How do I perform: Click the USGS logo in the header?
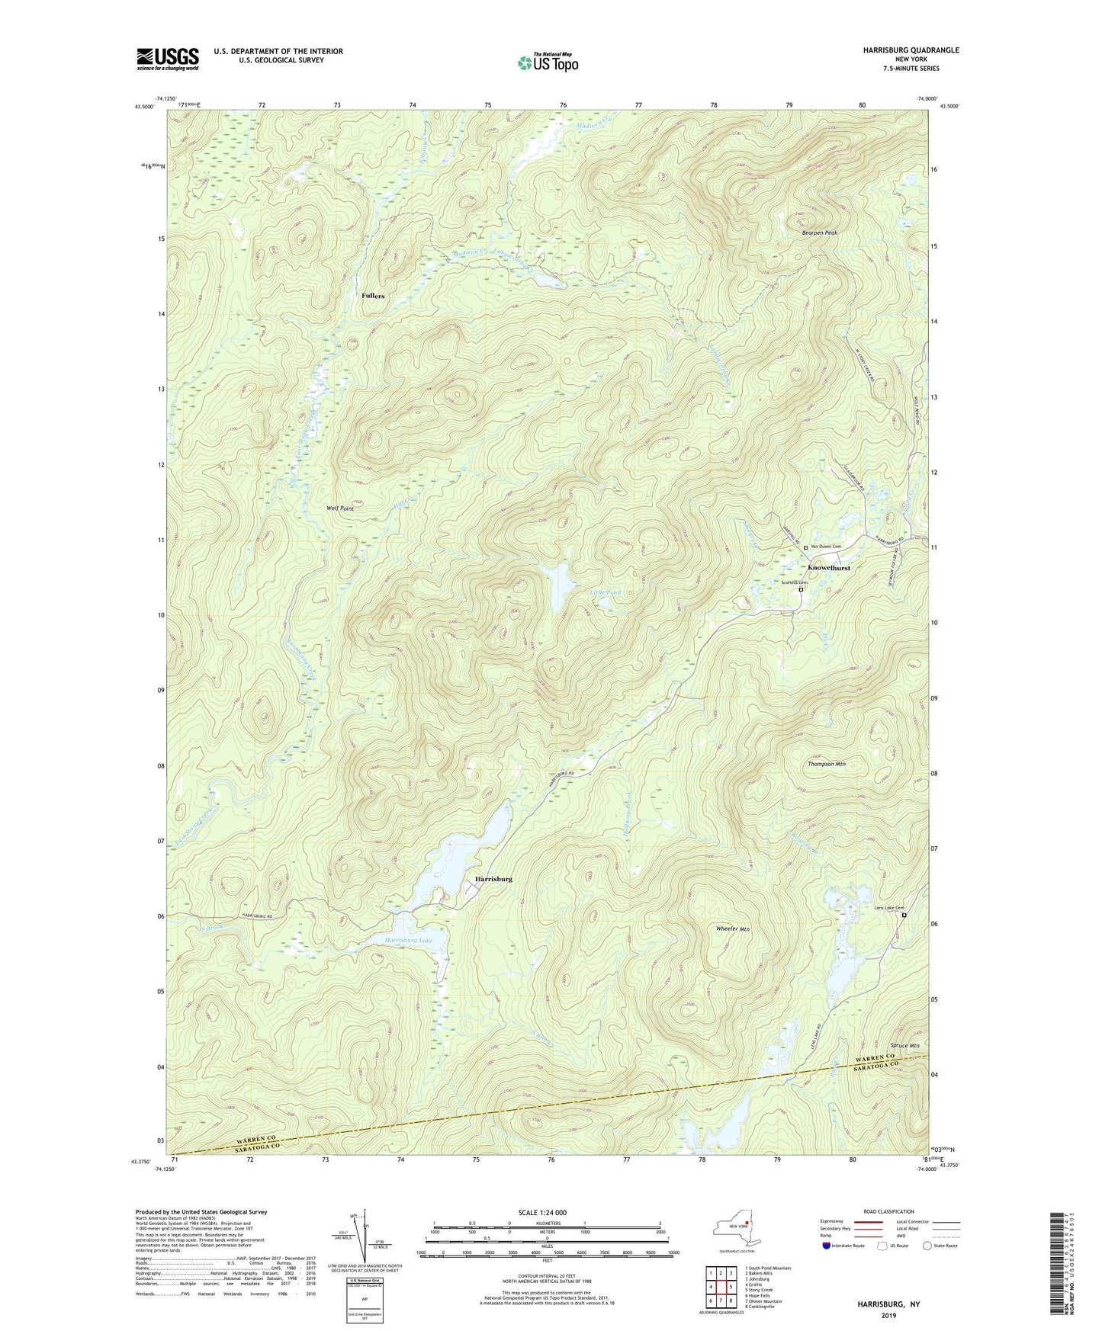(x=167, y=59)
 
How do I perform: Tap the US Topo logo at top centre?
(x=548, y=63)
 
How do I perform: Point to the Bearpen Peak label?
(x=819, y=233)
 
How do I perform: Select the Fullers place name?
(x=373, y=296)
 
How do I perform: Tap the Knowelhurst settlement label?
(x=828, y=568)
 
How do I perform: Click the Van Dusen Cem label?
(x=826, y=547)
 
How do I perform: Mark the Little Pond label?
(x=606, y=592)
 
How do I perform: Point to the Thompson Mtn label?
(x=827, y=763)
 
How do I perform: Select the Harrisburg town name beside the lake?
(x=493, y=879)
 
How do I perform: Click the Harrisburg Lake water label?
(x=408, y=941)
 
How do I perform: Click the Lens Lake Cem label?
(x=888, y=908)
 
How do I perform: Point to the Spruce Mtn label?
(x=904, y=1045)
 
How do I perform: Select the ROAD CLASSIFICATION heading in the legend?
(x=888, y=1211)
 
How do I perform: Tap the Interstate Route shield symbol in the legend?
(x=827, y=1246)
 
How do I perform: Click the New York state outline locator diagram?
(x=735, y=1228)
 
